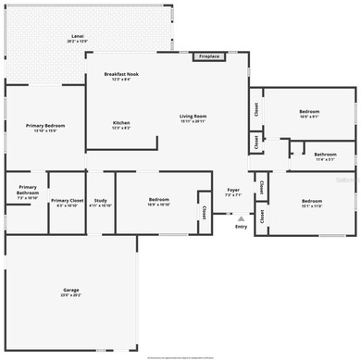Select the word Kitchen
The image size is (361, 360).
[x=121, y=123]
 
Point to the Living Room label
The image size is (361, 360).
[x=193, y=117]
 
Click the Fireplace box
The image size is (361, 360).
[x=208, y=56]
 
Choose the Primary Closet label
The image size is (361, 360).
[x=68, y=200]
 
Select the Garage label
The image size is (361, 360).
[x=71, y=291]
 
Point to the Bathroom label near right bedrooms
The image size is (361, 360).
[x=325, y=155]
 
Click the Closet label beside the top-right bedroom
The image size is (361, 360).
[x=255, y=107]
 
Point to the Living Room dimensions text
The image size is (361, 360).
[x=193, y=122]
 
